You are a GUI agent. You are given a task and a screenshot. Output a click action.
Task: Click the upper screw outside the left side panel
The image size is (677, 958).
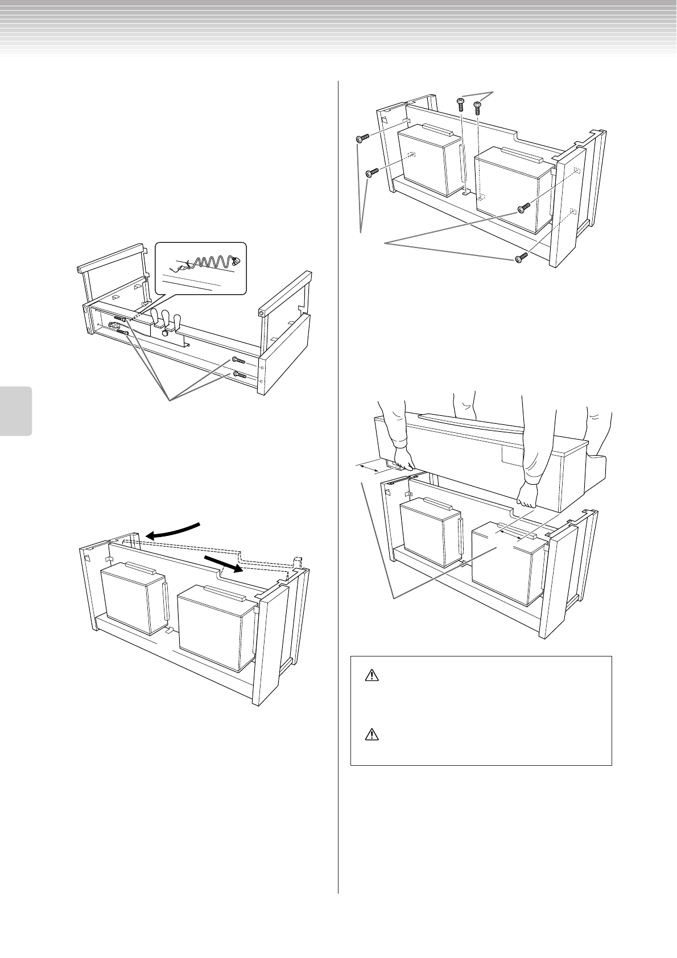click(x=362, y=138)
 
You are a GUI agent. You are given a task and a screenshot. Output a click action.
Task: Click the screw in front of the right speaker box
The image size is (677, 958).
click(x=524, y=209)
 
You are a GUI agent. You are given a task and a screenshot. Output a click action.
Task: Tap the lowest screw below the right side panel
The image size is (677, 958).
click(x=522, y=258)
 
